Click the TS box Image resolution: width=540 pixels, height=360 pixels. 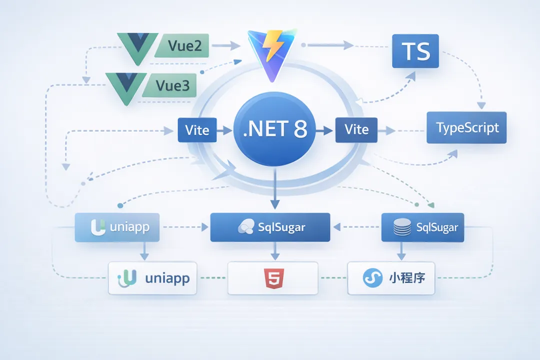(415, 51)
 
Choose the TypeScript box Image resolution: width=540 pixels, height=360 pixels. (466, 127)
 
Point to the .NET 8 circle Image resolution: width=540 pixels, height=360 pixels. (274, 130)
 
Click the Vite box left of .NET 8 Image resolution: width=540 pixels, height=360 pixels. (197, 130)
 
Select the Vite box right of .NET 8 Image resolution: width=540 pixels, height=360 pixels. (356, 130)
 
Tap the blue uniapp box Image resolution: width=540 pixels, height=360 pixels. (117, 227)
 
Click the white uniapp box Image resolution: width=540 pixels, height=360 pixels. (152, 278)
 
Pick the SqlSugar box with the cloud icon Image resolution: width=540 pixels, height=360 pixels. (270, 227)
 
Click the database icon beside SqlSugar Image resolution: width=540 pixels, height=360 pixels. (402, 227)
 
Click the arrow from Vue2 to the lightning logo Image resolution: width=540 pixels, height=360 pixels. (228, 46)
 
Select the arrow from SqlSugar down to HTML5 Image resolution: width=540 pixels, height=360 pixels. (273, 251)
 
